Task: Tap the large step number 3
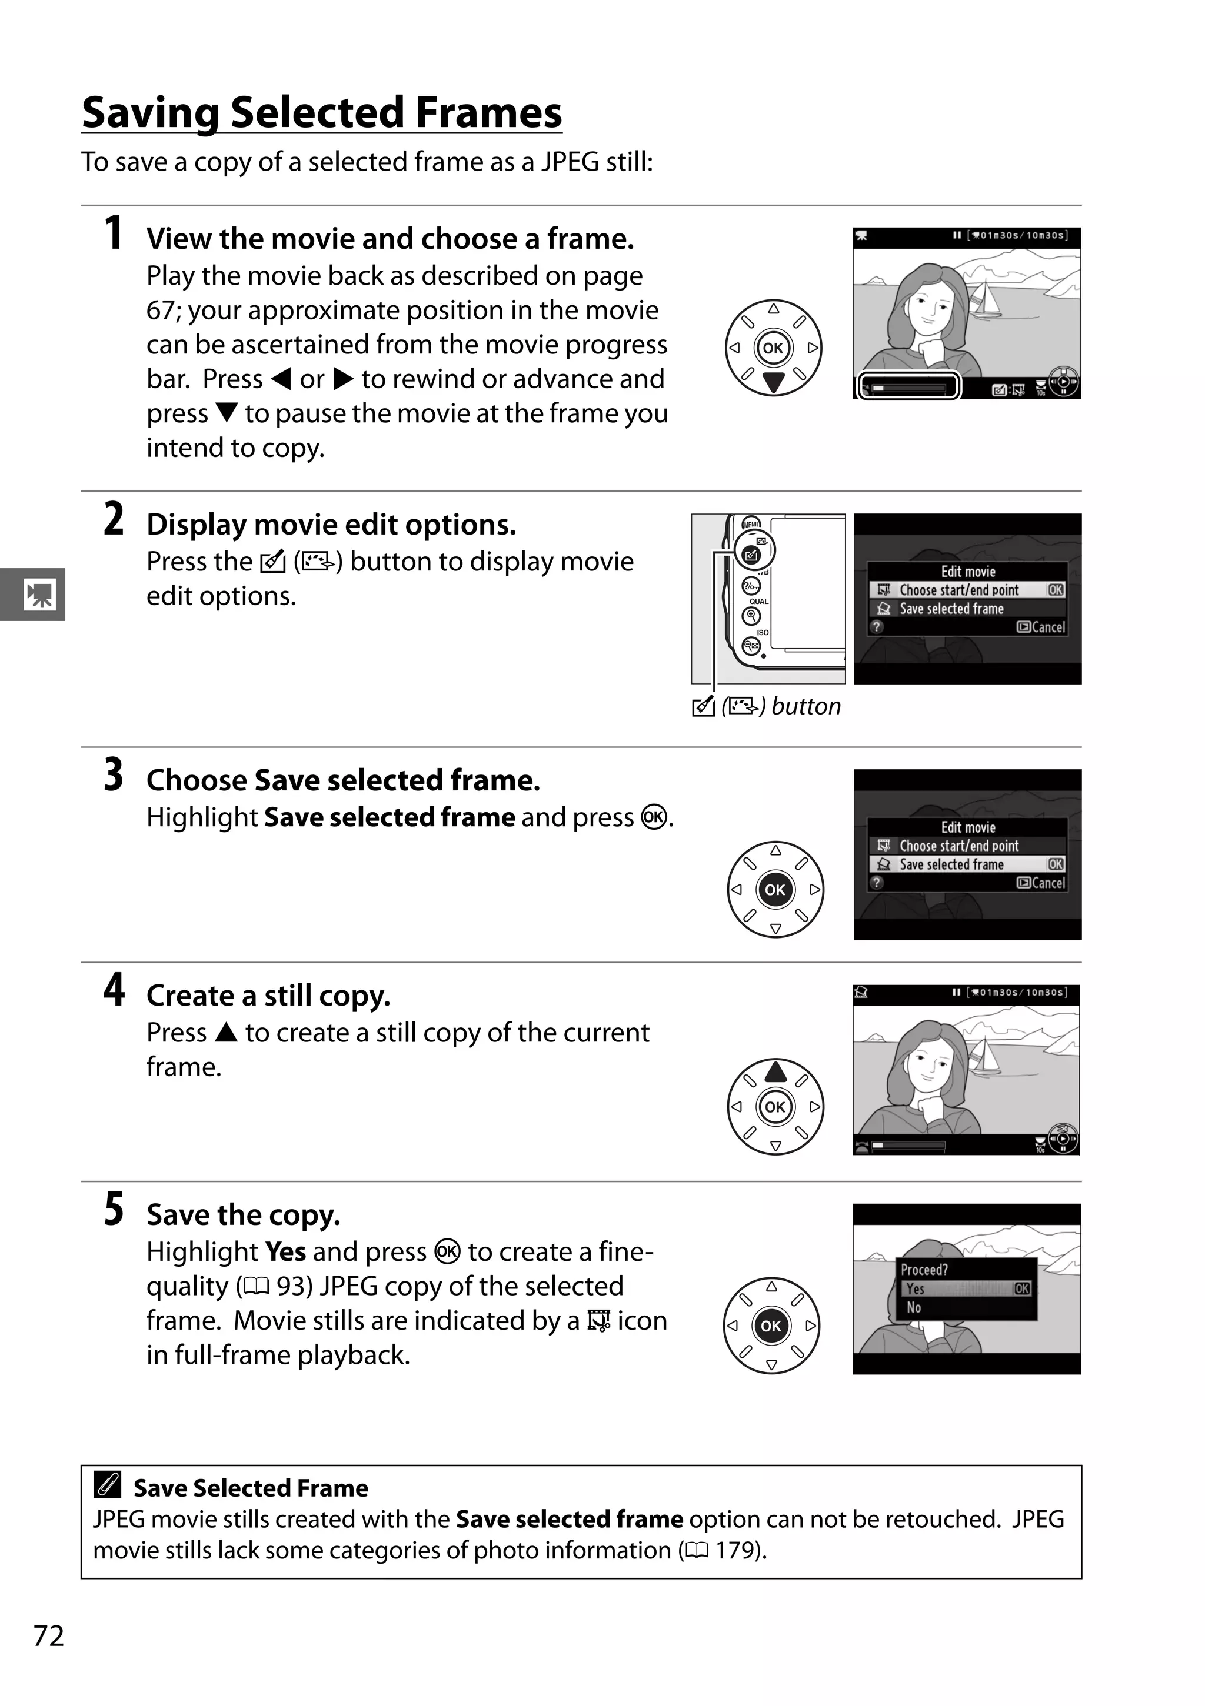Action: click(113, 774)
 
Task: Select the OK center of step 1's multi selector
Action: click(773, 348)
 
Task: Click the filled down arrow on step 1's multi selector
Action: click(773, 382)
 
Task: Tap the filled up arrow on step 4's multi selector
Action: click(775, 1071)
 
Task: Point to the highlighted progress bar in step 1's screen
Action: click(909, 387)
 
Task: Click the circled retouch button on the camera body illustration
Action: click(753, 553)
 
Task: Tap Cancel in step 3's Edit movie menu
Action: click(1041, 883)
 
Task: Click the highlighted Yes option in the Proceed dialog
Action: click(966, 1288)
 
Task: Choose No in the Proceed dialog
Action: click(914, 1307)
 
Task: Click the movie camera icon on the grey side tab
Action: click(39, 595)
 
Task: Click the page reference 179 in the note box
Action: click(736, 1551)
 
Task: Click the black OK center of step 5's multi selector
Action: click(771, 1326)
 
